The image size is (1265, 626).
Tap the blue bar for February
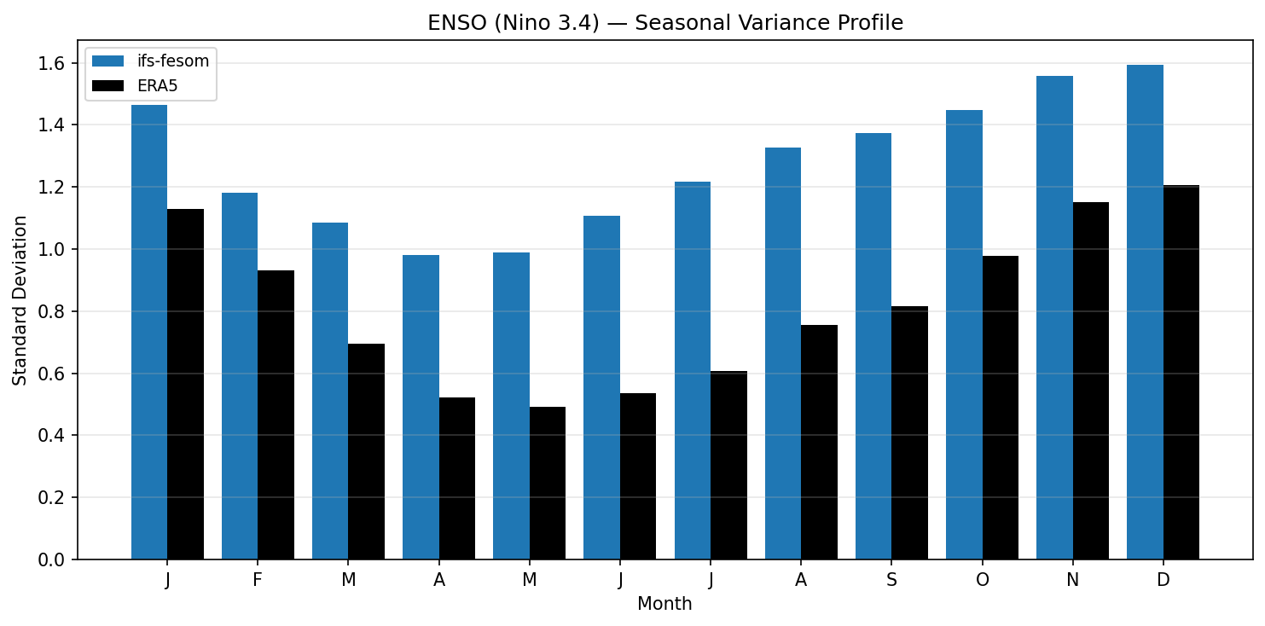coord(240,376)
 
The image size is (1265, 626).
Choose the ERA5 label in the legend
coord(157,85)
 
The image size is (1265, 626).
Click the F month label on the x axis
coord(258,581)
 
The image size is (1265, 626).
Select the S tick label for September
coord(891,581)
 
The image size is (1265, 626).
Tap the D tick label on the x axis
coord(1163,581)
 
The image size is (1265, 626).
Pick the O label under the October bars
coord(982,581)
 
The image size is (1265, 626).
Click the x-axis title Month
coord(664,605)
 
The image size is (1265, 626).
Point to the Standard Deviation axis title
coord(20,300)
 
